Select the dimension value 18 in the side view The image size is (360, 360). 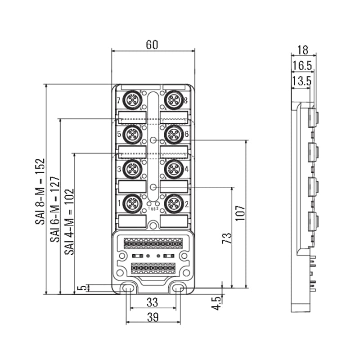[x=303, y=49]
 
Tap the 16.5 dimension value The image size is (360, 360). [x=301, y=66]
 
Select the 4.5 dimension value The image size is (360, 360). [x=217, y=302]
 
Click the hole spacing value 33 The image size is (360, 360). [x=153, y=301]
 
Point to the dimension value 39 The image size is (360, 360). [x=153, y=317]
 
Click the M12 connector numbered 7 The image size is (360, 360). [x=133, y=99]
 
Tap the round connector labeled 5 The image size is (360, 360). [x=133, y=134]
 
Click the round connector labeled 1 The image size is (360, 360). [x=133, y=203]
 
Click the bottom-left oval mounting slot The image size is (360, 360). [x=129, y=288]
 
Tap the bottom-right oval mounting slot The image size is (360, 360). [x=178, y=288]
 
